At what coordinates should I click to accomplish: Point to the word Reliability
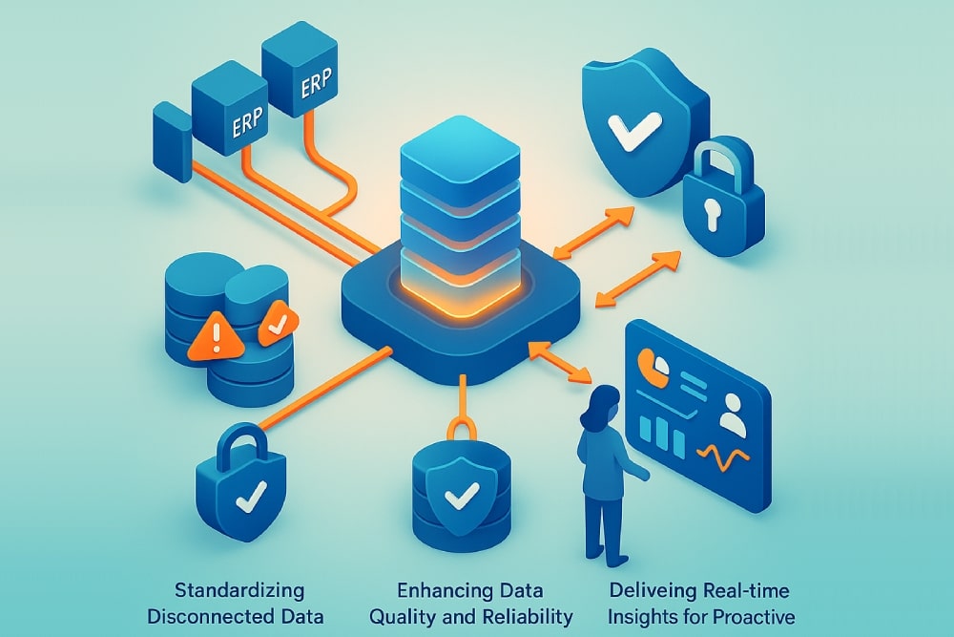point(526,616)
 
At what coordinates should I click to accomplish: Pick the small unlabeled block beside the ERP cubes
point(172,140)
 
